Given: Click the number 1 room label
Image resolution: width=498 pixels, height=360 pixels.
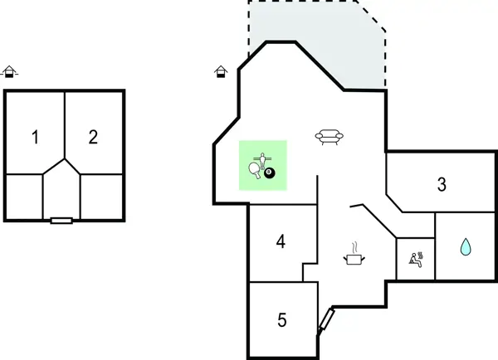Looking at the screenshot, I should pyautogui.click(x=35, y=138).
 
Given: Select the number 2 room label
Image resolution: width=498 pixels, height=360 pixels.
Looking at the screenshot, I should pyautogui.click(x=93, y=138).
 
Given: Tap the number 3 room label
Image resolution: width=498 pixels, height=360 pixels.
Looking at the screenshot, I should pyautogui.click(x=442, y=185).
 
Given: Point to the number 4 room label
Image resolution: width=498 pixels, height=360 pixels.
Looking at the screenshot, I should pyautogui.click(x=281, y=242).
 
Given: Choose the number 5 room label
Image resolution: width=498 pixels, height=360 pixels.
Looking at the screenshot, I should pyautogui.click(x=282, y=319).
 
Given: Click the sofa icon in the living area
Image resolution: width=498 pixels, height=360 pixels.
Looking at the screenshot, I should pyautogui.click(x=330, y=138).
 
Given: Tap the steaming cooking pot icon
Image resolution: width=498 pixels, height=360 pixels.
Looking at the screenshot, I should pyautogui.click(x=354, y=255).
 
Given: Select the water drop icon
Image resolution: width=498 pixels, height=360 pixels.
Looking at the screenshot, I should pyautogui.click(x=465, y=247).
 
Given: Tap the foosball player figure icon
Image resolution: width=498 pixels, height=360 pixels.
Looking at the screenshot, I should pyautogui.click(x=263, y=158).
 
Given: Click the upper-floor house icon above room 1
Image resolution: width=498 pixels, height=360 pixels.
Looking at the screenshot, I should pyautogui.click(x=9, y=72).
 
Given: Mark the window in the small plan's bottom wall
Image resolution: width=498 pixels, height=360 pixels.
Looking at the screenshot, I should pyautogui.click(x=61, y=221).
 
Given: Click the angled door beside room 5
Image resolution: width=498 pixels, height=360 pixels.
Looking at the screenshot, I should pyautogui.click(x=325, y=322).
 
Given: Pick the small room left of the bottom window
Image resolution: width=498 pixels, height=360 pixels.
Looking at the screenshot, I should pyautogui.click(x=24, y=197).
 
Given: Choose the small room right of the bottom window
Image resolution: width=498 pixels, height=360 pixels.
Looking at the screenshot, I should pyautogui.click(x=101, y=197).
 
